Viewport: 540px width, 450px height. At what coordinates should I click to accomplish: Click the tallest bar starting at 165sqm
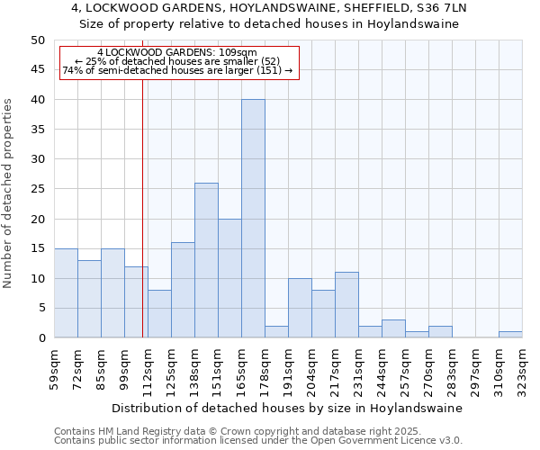253,219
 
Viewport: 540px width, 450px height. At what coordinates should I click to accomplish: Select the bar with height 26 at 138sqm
206,260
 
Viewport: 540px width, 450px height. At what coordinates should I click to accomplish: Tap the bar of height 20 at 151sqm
229,278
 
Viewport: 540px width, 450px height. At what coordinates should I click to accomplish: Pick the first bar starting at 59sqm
66,293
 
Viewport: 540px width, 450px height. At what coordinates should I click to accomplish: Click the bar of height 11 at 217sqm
346,305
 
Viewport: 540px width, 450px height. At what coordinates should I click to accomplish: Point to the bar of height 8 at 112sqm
159,314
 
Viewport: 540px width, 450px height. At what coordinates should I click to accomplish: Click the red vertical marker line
142,207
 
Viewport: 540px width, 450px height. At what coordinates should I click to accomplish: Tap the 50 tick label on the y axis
37,40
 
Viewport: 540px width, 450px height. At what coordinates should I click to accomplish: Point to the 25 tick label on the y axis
37,189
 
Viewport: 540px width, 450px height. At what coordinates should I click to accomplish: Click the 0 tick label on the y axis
40,337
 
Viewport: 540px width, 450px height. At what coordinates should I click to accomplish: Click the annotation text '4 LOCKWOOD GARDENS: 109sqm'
177,53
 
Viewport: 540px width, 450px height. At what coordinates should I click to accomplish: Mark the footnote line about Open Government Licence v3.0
258,440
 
